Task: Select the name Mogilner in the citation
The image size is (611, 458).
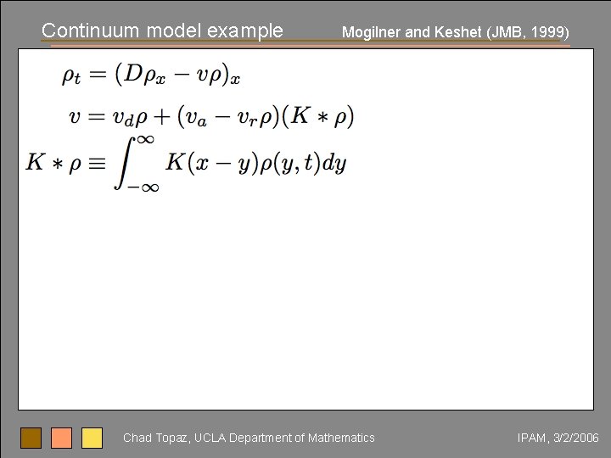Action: (x=372, y=33)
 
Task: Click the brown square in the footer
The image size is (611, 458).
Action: (x=31, y=438)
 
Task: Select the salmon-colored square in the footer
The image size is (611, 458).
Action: (x=62, y=438)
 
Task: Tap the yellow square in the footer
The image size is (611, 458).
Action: (x=92, y=438)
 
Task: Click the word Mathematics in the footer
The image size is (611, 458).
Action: (x=341, y=438)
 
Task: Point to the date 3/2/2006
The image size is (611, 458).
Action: (x=575, y=438)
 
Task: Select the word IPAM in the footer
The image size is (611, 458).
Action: (x=531, y=438)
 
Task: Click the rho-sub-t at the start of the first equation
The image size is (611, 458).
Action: (x=72, y=76)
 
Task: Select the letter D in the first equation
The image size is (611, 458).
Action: (x=133, y=74)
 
